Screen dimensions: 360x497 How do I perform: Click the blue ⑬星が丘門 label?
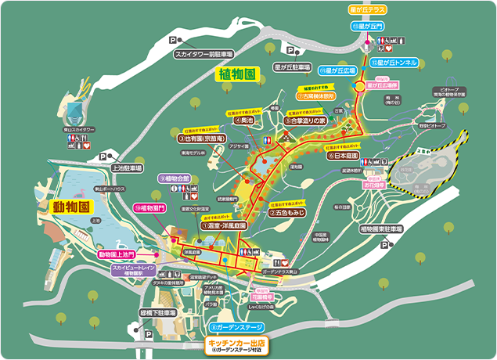[367, 27]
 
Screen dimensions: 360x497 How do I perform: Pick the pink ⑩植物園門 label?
[150, 208]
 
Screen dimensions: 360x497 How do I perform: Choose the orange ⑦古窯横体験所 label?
[315, 98]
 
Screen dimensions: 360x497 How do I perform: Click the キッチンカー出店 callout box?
[237, 345]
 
